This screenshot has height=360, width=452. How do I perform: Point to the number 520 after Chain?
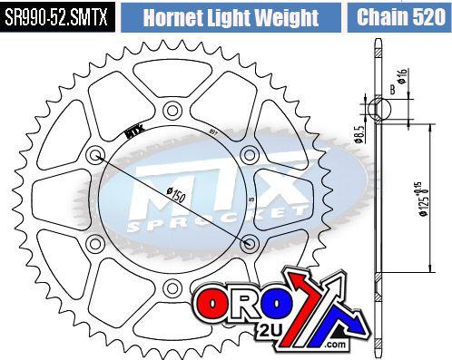(x=425, y=16)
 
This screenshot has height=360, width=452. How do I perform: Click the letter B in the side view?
(x=391, y=90)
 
